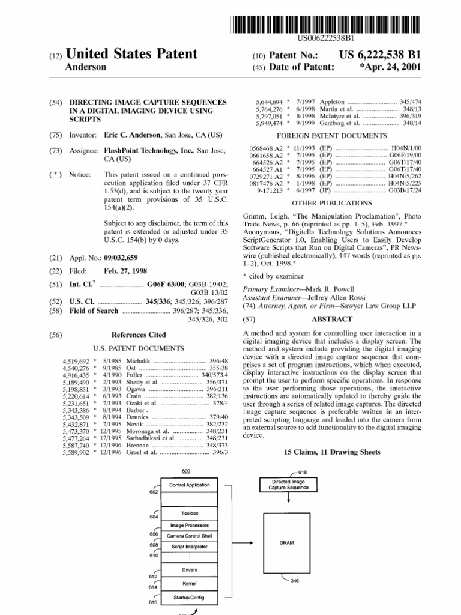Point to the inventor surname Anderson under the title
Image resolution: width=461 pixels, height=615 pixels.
point(86,67)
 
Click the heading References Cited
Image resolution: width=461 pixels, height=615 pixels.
point(139,335)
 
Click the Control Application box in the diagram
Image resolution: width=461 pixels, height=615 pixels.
point(189,485)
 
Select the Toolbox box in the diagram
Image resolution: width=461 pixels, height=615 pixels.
point(189,514)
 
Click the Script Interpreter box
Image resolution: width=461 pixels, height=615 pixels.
point(189,547)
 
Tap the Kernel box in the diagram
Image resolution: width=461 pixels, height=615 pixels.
point(189,583)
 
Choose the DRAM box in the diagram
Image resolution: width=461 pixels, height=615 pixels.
point(286,542)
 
